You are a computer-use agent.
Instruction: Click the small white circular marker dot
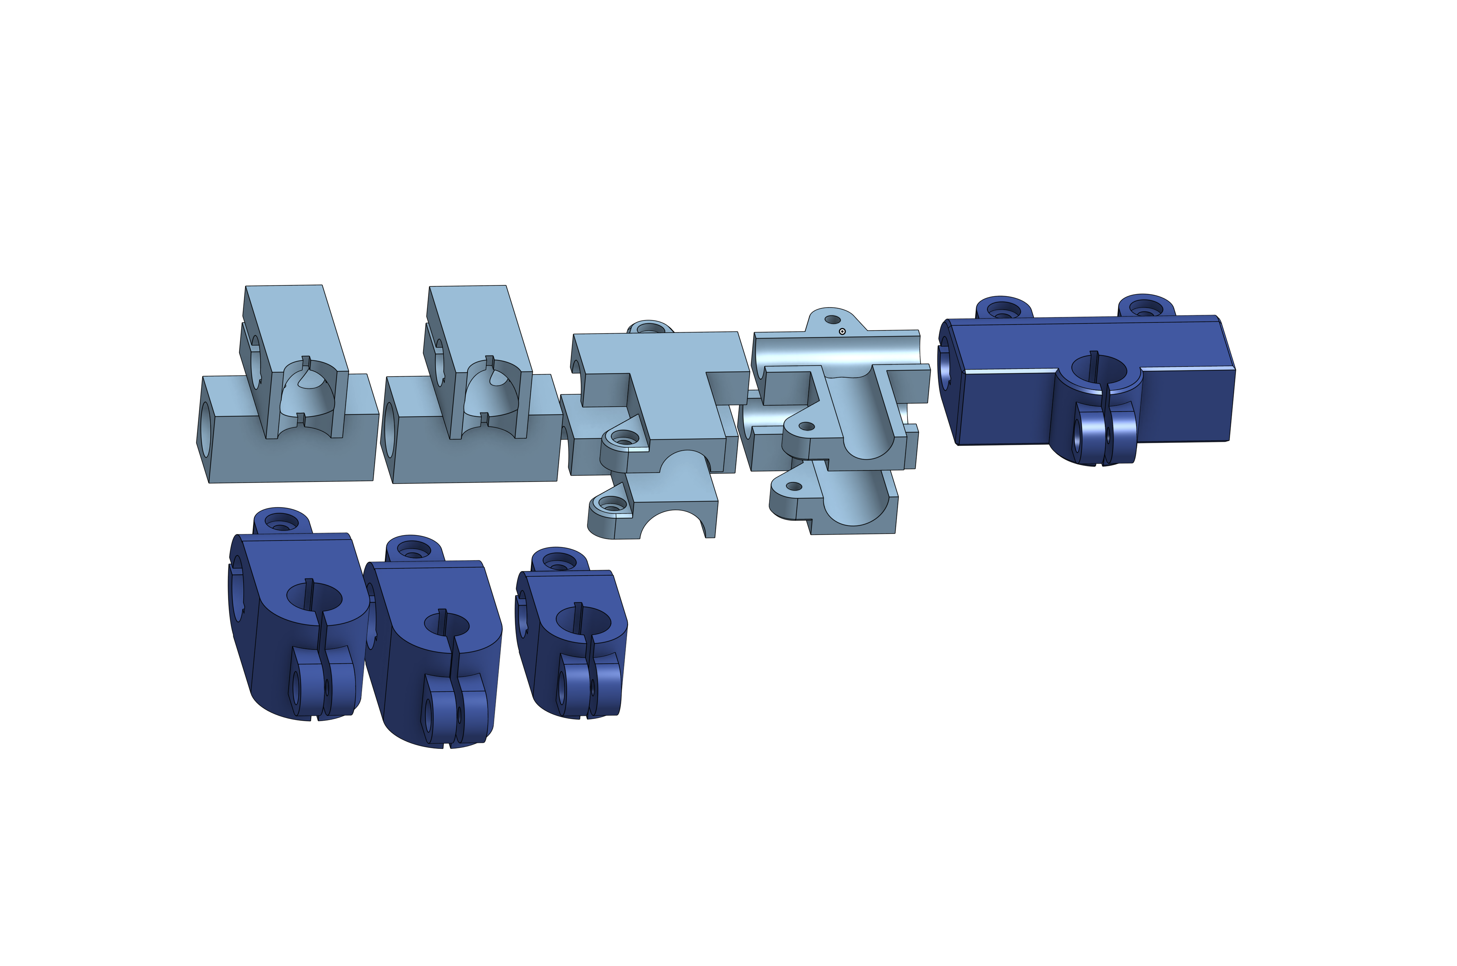click(842, 331)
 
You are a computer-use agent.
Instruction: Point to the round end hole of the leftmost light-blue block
click(206, 429)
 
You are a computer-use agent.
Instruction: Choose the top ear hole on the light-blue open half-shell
click(832, 320)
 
